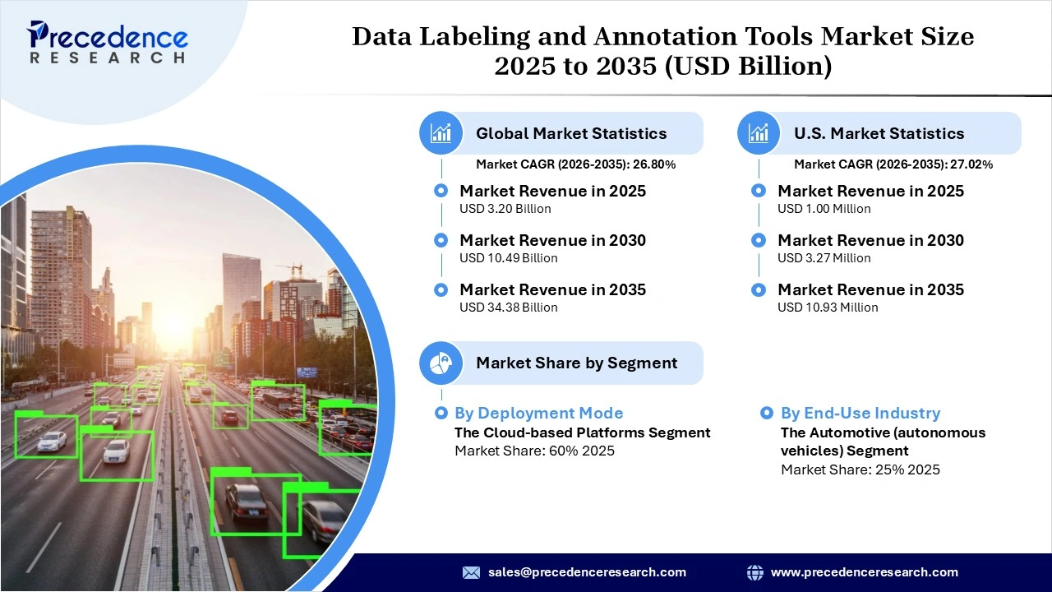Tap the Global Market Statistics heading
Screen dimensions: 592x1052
click(x=571, y=133)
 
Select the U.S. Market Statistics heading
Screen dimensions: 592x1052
click(x=879, y=133)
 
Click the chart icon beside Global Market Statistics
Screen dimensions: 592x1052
click(x=441, y=133)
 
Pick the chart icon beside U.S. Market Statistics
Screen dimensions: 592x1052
click(x=759, y=133)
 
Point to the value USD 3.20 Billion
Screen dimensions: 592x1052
click(x=505, y=209)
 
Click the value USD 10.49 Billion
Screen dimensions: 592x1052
click(x=508, y=258)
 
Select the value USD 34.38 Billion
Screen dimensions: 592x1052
click(x=508, y=308)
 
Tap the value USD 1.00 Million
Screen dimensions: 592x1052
click(x=824, y=209)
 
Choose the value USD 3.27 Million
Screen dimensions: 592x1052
click(x=824, y=258)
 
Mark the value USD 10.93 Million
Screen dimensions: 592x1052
click(x=828, y=308)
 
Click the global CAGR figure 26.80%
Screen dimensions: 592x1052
click(x=654, y=164)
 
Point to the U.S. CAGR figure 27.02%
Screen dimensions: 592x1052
click(x=971, y=164)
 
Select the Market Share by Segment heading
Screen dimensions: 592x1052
click(x=576, y=363)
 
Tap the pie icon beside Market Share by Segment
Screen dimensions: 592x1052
click(x=441, y=363)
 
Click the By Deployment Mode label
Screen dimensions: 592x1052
click(x=538, y=413)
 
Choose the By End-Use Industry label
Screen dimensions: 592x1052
click(x=860, y=413)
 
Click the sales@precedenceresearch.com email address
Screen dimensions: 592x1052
click(x=587, y=572)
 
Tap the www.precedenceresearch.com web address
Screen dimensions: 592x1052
click(x=864, y=572)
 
